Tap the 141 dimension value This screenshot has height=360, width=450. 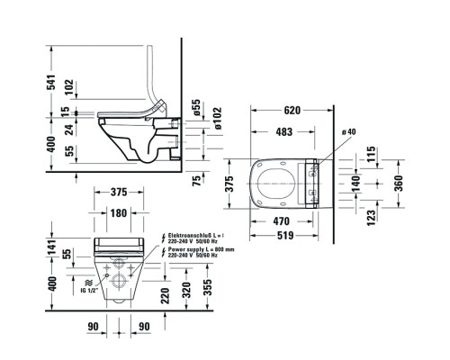(52, 242)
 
